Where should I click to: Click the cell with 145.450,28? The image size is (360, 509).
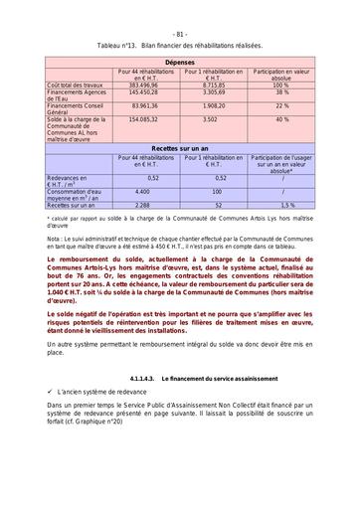[x=143, y=93]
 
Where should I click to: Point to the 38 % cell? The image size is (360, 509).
[x=282, y=93]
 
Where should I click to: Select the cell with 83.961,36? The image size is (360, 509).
[x=143, y=104]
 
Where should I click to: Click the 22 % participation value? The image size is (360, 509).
[x=282, y=104]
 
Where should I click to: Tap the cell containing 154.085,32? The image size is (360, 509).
[x=143, y=118]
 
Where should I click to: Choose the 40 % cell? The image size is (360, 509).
[x=282, y=118]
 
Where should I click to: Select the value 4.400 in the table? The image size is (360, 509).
[x=143, y=190]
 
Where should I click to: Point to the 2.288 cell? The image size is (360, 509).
[x=143, y=204]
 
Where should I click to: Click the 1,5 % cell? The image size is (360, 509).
[x=282, y=204]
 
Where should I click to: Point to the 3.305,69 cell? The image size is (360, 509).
[x=213, y=93]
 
